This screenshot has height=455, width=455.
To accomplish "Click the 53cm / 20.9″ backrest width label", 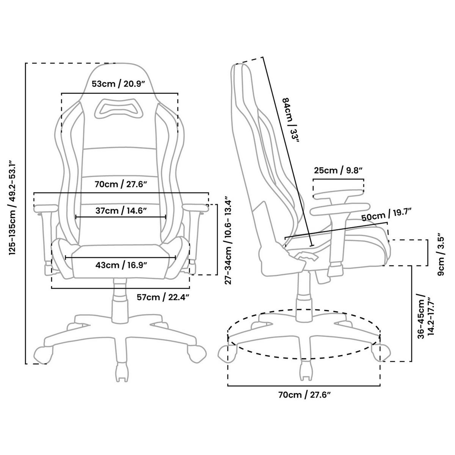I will [x=119, y=84].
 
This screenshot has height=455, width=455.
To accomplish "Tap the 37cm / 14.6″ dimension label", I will [x=121, y=210].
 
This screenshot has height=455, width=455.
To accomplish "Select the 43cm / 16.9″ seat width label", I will [x=121, y=265].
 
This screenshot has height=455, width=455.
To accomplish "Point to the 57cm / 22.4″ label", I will [x=163, y=297].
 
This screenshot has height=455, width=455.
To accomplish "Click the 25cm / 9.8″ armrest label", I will [x=339, y=170].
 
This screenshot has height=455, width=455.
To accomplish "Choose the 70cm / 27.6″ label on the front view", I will [x=121, y=185].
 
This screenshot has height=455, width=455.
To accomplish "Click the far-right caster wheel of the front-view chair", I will [x=198, y=353].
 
